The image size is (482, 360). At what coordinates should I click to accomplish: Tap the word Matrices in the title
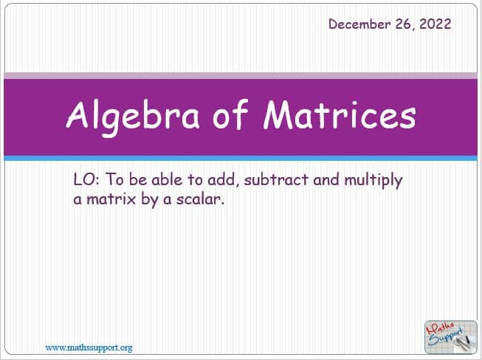[340, 114]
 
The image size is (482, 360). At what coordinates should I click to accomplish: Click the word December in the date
[359, 24]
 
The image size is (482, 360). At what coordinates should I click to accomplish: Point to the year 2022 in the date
[435, 24]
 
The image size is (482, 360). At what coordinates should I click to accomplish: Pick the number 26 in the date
[404, 24]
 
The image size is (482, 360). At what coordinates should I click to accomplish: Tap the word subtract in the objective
[276, 179]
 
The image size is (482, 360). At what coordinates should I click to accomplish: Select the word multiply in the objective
[373, 181]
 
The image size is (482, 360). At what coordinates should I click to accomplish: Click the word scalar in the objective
[200, 199]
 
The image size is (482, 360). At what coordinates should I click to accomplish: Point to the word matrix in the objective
[111, 199]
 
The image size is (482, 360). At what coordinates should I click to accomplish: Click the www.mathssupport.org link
[89, 347]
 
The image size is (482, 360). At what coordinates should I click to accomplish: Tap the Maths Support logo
[451, 337]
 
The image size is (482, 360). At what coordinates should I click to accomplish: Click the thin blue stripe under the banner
[241, 158]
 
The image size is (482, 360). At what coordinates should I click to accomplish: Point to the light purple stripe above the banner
[241, 75]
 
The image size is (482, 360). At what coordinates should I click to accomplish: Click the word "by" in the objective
[150, 200]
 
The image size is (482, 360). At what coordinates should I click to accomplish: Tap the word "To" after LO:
[114, 179]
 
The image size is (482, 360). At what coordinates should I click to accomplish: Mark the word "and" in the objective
[326, 179]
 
